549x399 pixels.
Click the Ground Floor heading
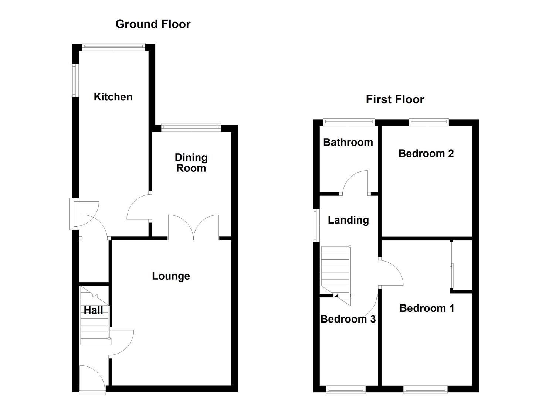pos(153,24)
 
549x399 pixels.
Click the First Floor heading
pos(395,99)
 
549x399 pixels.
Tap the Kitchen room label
pos(113,97)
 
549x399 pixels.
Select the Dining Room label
pos(191,163)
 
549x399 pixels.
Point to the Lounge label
pos(171,276)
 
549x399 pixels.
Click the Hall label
pos(93,310)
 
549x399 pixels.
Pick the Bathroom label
pos(348,142)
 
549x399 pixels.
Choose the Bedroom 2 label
pos(426,153)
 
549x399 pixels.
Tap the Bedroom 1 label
pos(427,308)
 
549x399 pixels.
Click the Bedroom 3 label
pos(348,319)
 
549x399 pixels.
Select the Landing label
pos(348,220)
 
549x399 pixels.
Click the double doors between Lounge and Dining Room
pos(193,226)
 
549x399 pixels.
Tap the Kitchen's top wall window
pos(113,47)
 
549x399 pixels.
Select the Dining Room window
pos(191,128)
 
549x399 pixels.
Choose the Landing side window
pos(315,225)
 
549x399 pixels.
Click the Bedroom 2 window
pos(428,122)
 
